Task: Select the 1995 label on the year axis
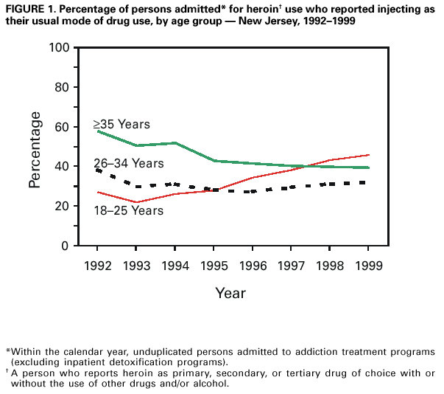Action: (212, 264)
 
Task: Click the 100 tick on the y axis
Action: (59, 48)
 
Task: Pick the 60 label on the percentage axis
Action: (62, 127)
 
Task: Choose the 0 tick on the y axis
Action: (66, 246)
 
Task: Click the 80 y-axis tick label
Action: (62, 87)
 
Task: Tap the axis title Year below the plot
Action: (230, 293)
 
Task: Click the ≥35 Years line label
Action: (121, 124)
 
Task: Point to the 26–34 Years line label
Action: (128, 163)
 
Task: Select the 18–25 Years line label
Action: (128, 211)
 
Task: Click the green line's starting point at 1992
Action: (98, 131)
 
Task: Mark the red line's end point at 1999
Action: (369, 155)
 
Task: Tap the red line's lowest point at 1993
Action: (135, 202)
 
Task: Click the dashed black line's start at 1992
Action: (98, 170)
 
